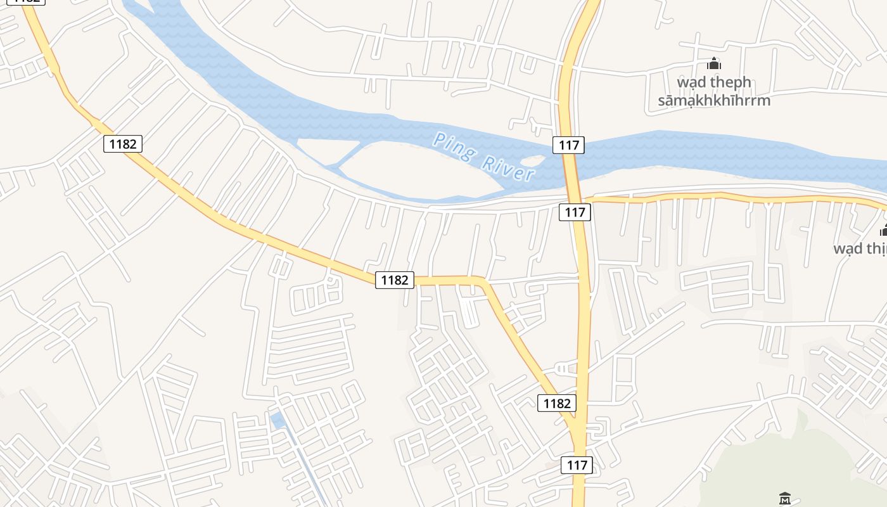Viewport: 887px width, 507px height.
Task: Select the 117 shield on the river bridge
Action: tap(569, 145)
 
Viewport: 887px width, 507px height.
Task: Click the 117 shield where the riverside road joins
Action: tap(575, 212)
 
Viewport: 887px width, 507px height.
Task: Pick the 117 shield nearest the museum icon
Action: tap(577, 465)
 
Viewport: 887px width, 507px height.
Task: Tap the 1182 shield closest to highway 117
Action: tap(557, 403)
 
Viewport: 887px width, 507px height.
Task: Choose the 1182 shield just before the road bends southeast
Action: tap(395, 279)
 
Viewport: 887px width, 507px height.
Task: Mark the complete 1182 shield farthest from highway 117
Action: tap(123, 144)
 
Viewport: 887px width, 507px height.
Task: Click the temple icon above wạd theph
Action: tap(714, 63)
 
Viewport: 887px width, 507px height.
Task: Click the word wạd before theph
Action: tap(692, 82)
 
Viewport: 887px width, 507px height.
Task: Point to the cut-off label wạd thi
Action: tap(860, 248)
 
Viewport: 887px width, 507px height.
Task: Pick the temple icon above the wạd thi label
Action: tap(883, 229)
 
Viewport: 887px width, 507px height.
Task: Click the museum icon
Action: tap(785, 499)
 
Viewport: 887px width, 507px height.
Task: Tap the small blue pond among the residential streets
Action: tap(277, 419)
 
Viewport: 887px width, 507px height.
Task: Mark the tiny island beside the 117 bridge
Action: tap(533, 161)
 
